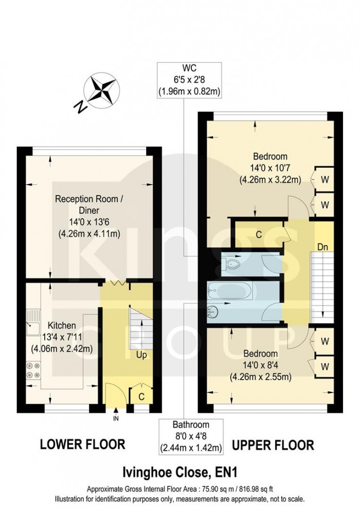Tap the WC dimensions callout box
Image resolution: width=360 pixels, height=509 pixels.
[189, 80]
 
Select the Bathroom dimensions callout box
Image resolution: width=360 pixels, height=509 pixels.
[191, 436]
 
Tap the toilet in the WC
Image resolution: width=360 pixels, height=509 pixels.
[231, 266]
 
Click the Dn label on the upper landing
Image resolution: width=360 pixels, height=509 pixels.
[322, 247]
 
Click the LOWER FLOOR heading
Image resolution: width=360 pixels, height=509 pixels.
[82, 444]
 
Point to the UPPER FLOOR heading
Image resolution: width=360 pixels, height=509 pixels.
[273, 444]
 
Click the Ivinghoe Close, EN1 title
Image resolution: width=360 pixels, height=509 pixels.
[179, 471]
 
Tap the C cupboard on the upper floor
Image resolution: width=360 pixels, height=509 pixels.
[259, 234]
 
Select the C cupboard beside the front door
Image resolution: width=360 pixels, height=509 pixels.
[140, 397]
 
